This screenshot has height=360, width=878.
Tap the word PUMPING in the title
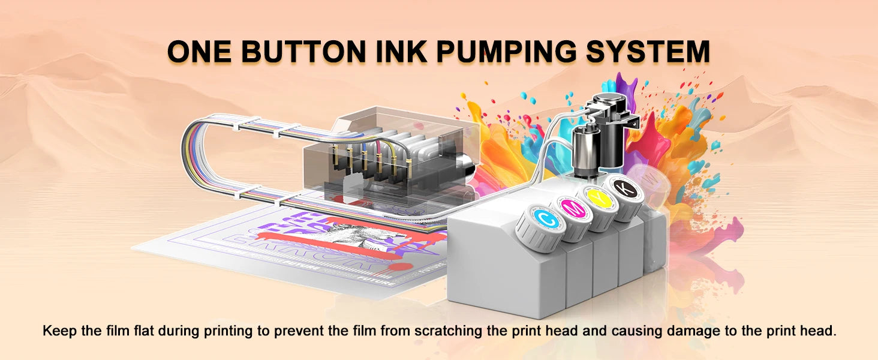coord(504,52)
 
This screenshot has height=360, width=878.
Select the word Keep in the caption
coord(59,331)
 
